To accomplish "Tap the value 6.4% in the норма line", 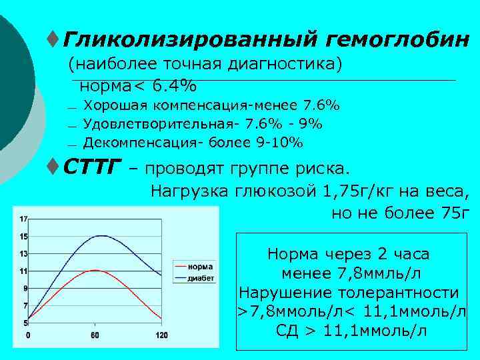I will (x=174, y=86).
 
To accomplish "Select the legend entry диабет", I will (x=201, y=278).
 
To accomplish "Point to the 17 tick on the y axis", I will (x=23, y=219).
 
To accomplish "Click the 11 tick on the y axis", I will (x=23, y=271).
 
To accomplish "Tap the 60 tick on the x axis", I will (x=95, y=335).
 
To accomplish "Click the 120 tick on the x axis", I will (x=161, y=335).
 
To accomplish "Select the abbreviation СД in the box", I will (x=288, y=331).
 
